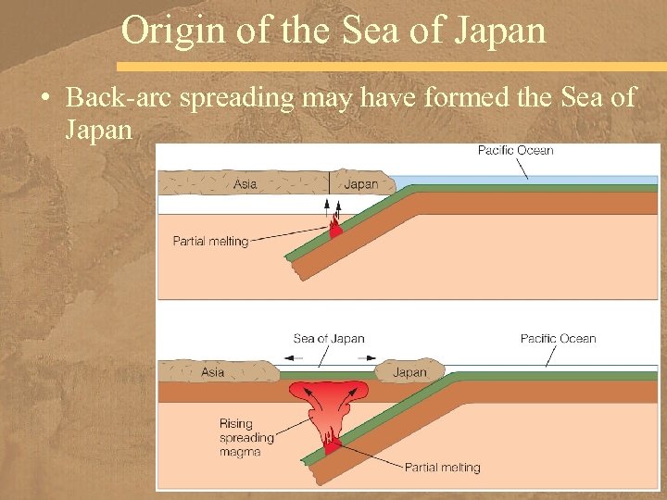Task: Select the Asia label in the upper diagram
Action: [245, 183]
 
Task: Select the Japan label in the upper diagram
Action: [360, 183]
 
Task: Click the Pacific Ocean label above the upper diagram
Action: [515, 150]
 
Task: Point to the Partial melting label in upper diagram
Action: [210, 242]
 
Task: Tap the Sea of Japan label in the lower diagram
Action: [329, 338]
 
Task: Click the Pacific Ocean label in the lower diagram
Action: [558, 338]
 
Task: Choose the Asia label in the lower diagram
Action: [212, 372]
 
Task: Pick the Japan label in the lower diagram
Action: [409, 372]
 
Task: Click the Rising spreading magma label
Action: [246, 437]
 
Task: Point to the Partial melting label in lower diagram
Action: [442, 467]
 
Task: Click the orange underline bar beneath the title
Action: [389, 67]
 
